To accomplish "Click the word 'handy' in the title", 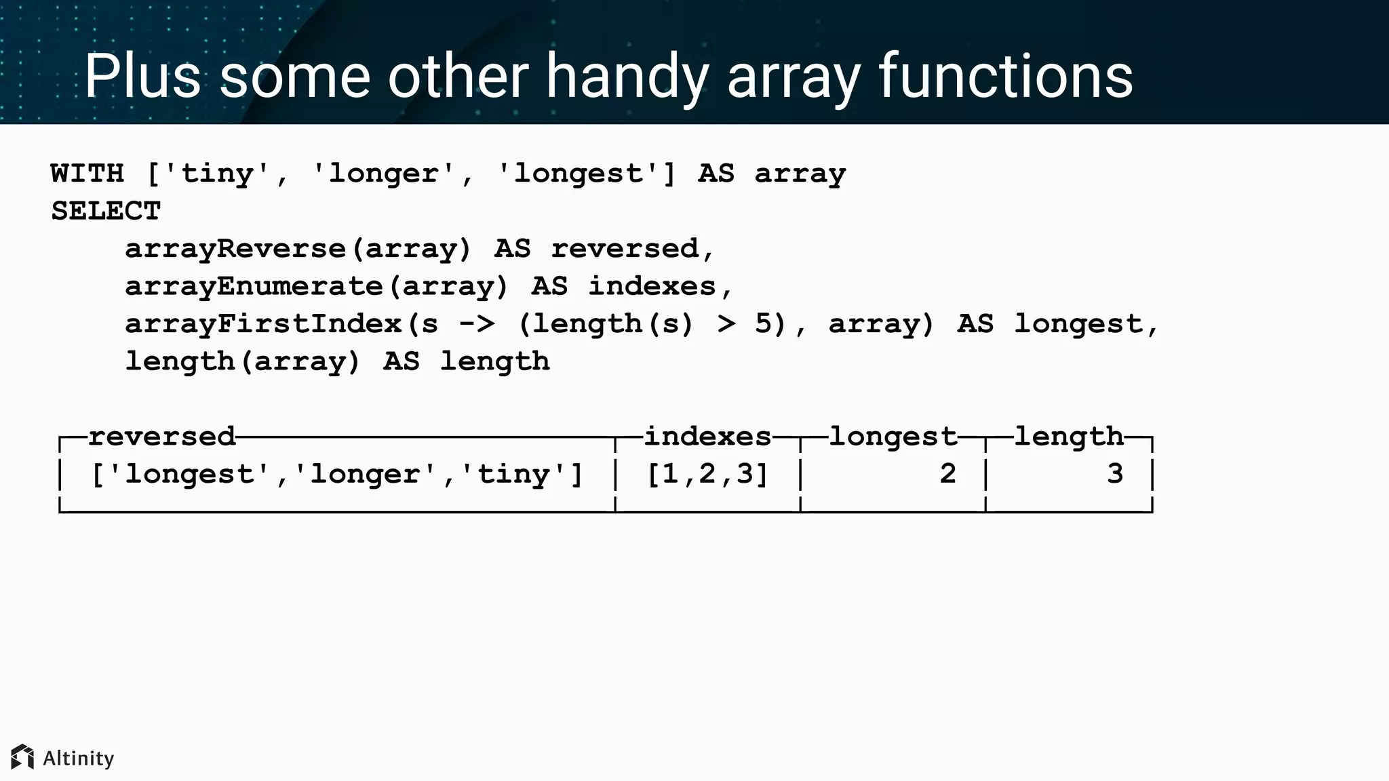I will coord(627,76).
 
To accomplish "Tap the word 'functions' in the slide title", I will coord(1005,76).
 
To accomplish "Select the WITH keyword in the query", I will coord(87,174).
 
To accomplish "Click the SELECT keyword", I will coord(106,211).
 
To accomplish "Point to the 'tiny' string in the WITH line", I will coord(217,174).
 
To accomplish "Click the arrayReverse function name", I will coord(235,249).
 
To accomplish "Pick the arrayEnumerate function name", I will coord(254,286).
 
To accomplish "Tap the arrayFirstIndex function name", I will coord(264,324).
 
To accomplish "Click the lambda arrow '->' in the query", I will coord(477,324).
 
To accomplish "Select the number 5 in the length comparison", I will coord(764,324).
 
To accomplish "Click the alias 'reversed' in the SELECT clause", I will coord(624,249).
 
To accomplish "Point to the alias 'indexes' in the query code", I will coord(652,286).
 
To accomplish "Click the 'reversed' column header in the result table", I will coord(162,436).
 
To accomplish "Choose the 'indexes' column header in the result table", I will coord(707,436).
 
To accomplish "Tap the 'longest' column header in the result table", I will coord(893,436).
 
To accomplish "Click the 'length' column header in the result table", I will coord(1069,436).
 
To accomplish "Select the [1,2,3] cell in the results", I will coord(707,474).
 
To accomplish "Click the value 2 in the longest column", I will coord(948,474).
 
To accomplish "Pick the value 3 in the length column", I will coord(1115,474).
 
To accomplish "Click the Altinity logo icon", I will coord(22,757).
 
